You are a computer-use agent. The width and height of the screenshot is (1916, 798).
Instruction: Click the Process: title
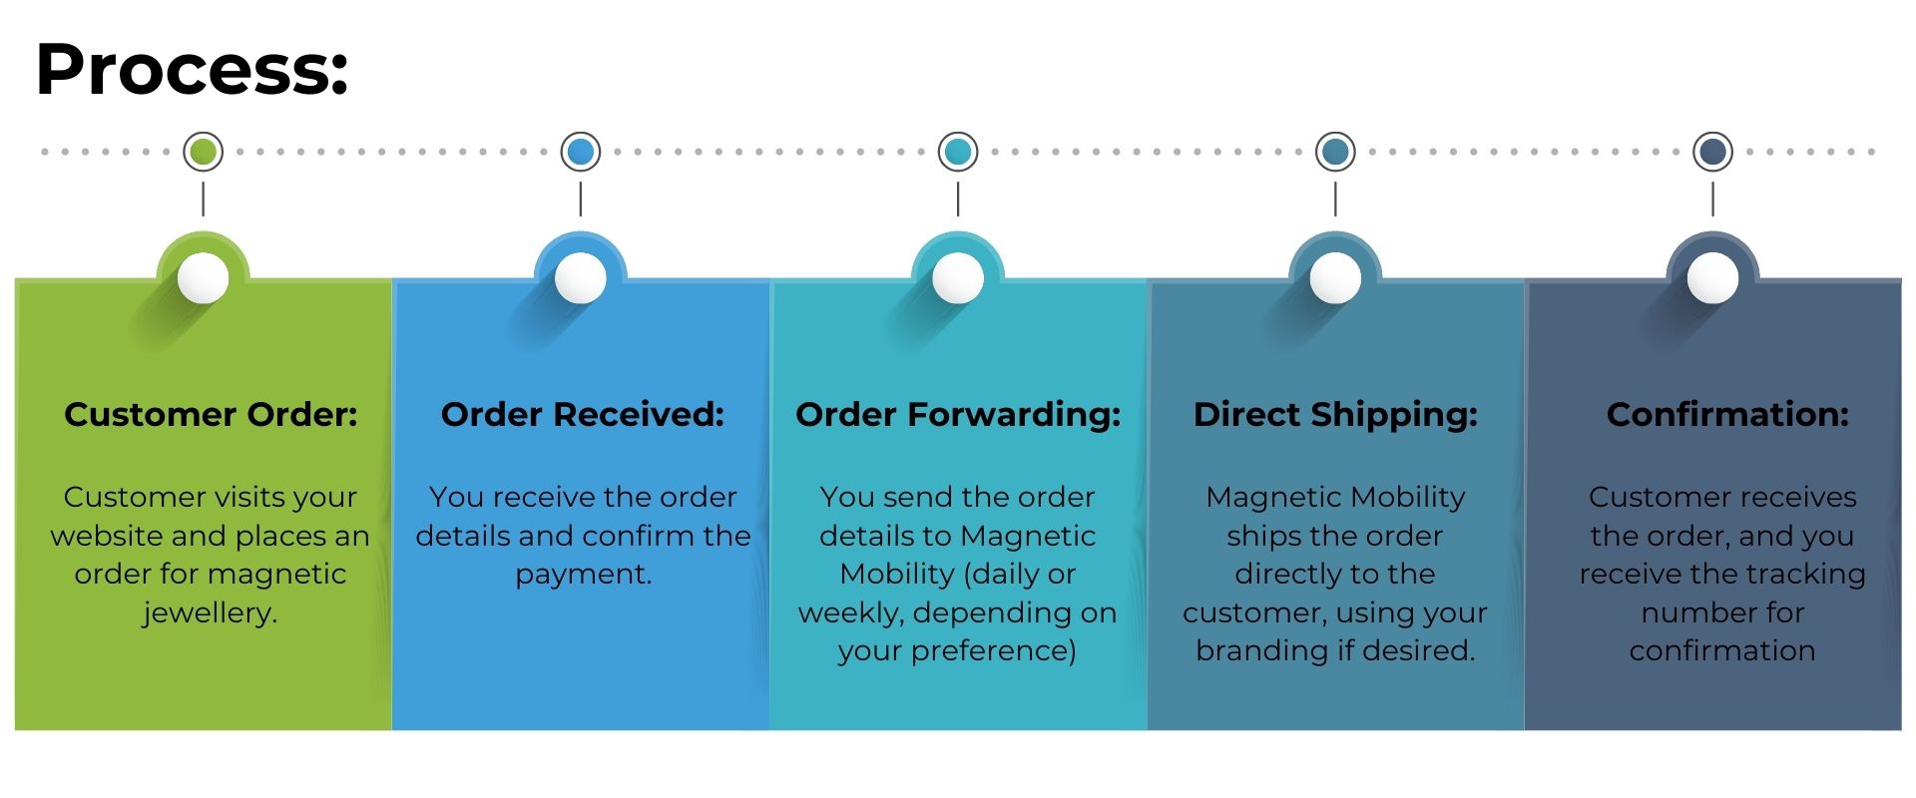(192, 69)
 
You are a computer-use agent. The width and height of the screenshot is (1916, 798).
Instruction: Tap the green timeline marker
(204, 152)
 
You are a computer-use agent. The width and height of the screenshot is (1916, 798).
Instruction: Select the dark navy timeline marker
(1712, 152)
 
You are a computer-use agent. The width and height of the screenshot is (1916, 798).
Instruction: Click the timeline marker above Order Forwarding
(958, 152)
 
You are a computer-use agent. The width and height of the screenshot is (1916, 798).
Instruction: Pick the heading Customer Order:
(211, 414)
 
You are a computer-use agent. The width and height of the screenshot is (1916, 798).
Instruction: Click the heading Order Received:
(582, 414)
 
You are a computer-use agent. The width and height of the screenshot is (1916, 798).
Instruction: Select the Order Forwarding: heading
(958, 414)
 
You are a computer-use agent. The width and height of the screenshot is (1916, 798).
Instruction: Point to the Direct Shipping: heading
(1335, 414)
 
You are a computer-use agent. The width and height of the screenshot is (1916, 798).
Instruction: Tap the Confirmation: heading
(1727, 414)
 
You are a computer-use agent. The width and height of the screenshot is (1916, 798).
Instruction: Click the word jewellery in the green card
(208, 612)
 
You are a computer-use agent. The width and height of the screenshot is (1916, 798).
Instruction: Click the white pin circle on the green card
(204, 277)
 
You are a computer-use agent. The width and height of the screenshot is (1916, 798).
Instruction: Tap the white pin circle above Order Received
(581, 277)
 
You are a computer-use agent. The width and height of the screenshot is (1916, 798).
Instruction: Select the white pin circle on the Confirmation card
(1712, 277)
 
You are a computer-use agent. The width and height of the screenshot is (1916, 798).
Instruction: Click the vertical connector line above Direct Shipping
(1335, 199)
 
